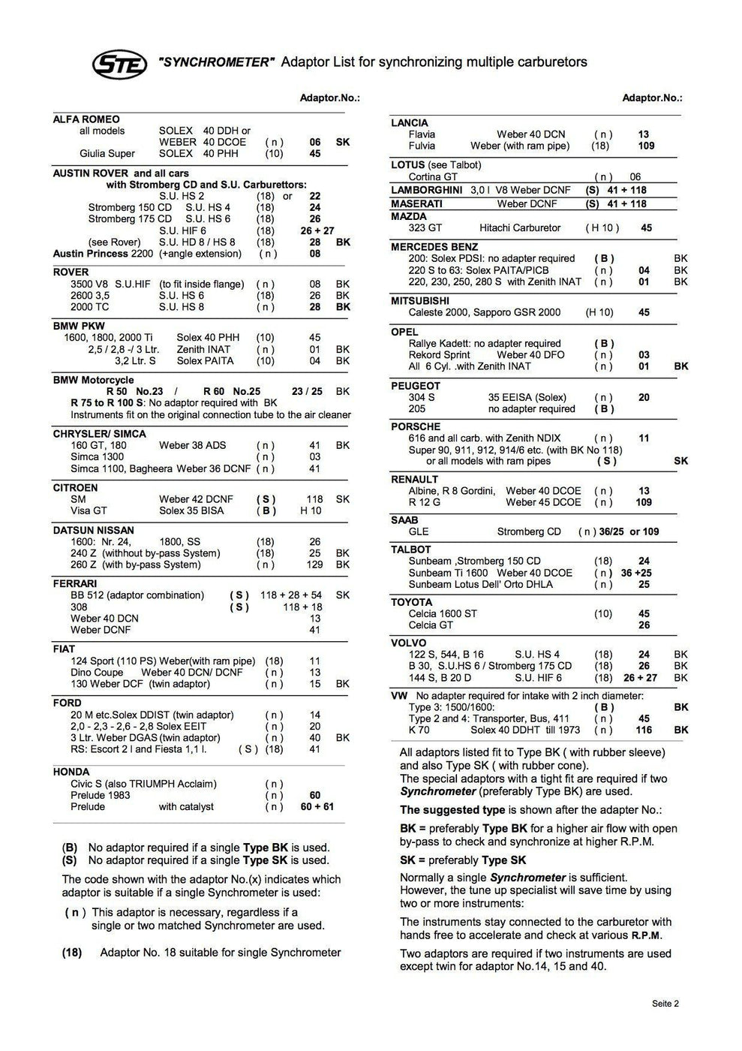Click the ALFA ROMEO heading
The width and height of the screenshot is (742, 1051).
(x=86, y=119)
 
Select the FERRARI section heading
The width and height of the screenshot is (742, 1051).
(x=74, y=583)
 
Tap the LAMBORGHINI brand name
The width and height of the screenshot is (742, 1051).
(x=426, y=190)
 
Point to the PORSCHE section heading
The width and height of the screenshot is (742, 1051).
(x=415, y=426)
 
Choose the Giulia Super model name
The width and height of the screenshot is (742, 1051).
(x=107, y=154)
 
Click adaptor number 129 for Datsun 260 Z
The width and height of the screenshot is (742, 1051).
(x=315, y=565)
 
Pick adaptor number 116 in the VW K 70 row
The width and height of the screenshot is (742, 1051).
(x=644, y=730)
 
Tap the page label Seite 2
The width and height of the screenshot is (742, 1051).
(x=665, y=1003)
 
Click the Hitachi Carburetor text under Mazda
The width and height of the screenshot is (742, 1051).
(x=520, y=227)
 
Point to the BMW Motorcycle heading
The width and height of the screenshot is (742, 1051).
(x=93, y=380)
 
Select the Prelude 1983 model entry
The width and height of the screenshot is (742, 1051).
(x=100, y=795)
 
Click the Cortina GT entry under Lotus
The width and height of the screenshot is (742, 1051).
(x=433, y=177)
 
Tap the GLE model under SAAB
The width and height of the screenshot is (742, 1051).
(x=419, y=532)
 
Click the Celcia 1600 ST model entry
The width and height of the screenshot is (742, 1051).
(x=442, y=613)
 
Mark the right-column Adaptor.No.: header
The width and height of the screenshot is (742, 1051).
(x=652, y=98)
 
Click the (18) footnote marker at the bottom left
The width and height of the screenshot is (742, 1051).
(x=71, y=953)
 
